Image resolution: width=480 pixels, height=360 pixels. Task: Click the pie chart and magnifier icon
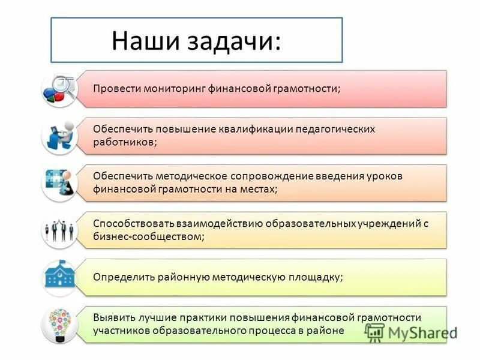(61, 89)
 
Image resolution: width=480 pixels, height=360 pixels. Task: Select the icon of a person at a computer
(61, 136)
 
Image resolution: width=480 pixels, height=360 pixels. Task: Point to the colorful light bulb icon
(61, 324)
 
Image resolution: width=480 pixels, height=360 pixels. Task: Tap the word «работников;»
(125, 142)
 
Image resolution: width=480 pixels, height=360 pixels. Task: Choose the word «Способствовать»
(129, 223)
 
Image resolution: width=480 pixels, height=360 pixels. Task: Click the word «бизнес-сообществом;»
(149, 236)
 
